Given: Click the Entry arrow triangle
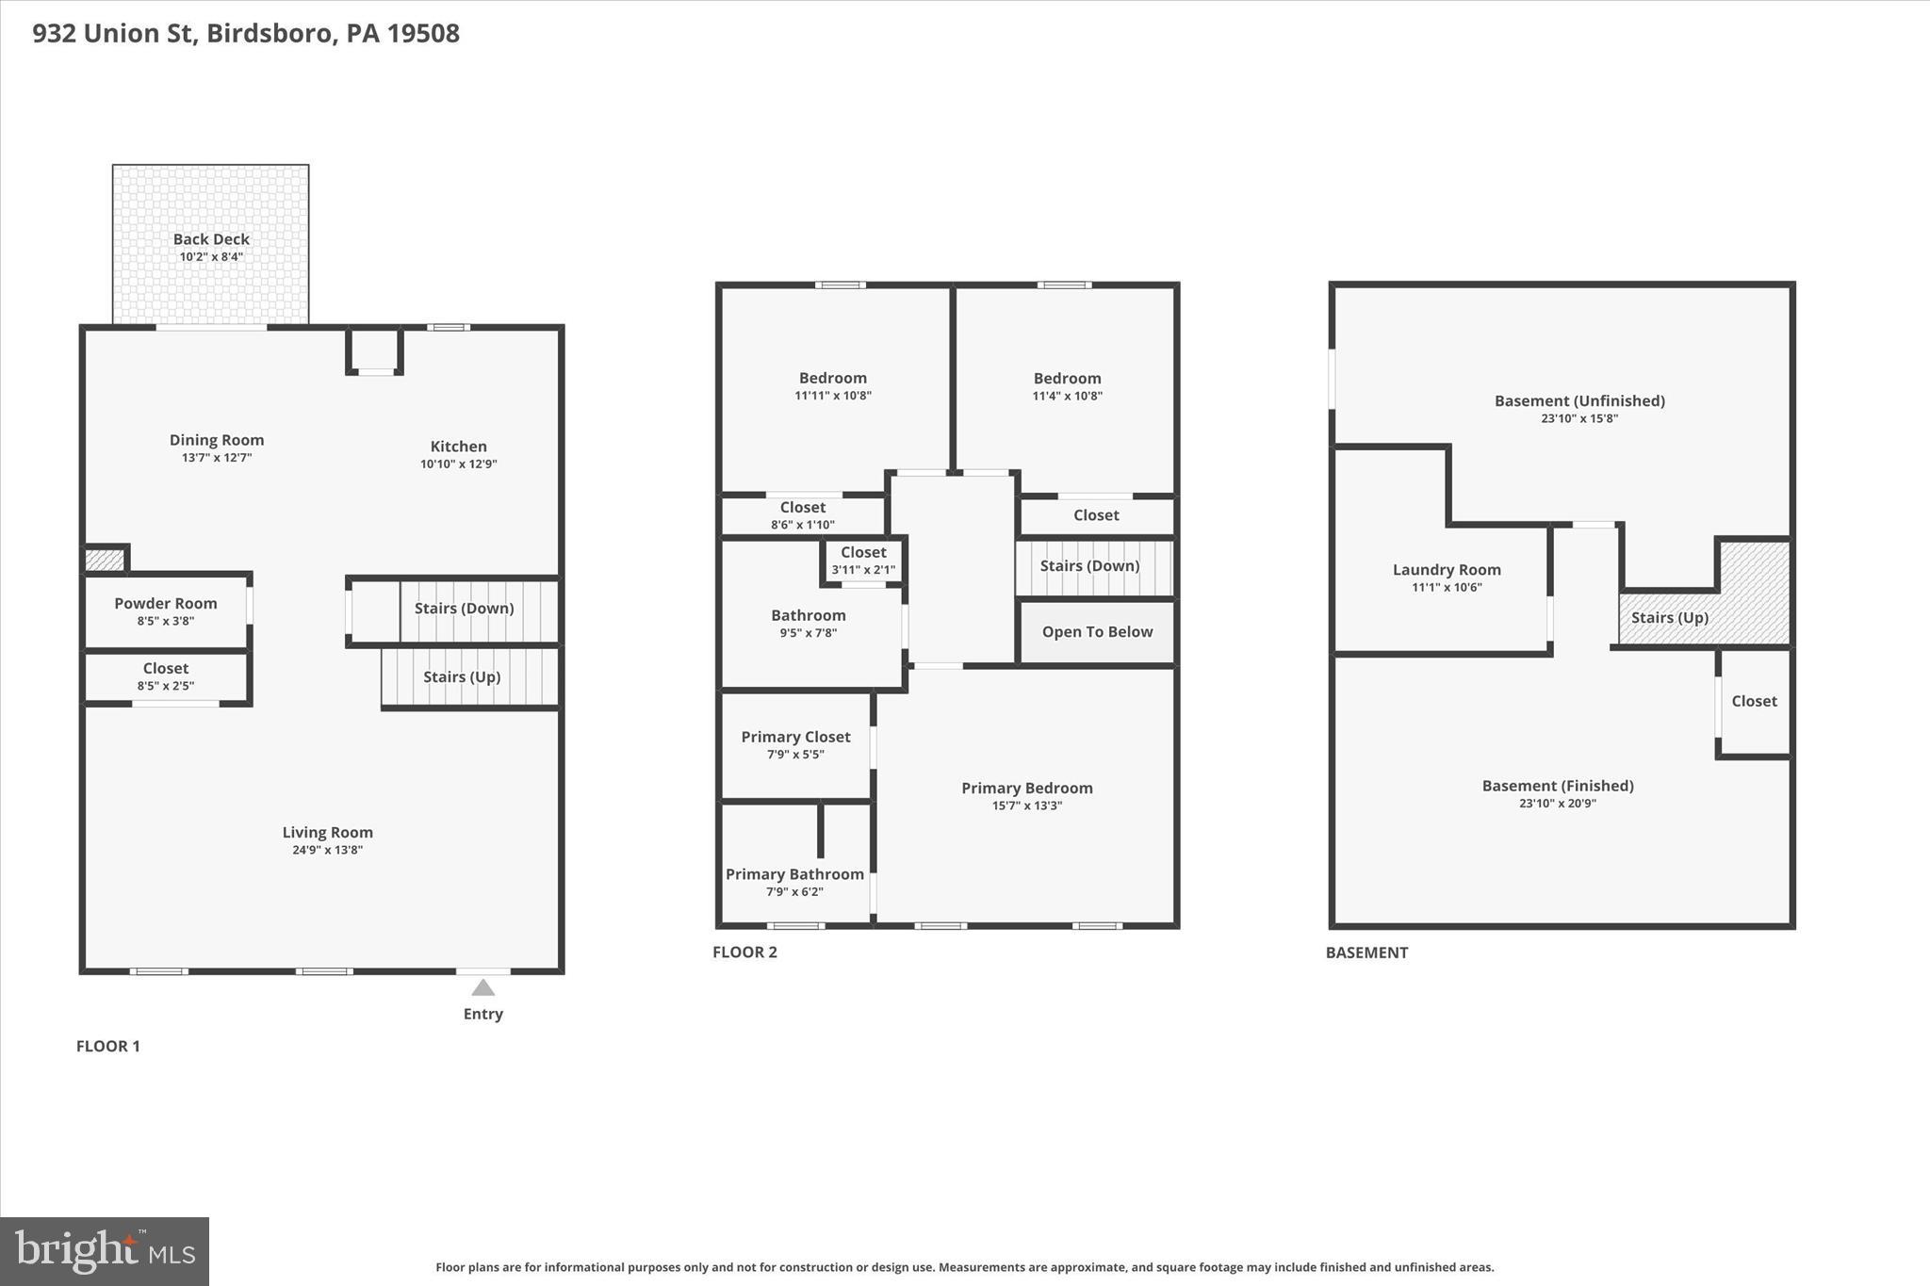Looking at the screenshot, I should click(482, 987).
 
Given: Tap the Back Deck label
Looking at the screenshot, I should click(211, 239).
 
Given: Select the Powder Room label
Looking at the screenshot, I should click(166, 603).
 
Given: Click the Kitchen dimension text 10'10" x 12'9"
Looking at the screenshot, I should click(458, 464).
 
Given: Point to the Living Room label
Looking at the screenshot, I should click(327, 832).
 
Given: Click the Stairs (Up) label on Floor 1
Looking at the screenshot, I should click(462, 676).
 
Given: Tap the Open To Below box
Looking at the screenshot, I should click(1097, 631).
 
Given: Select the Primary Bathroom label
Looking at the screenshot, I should click(794, 874).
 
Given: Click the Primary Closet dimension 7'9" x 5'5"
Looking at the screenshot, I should click(795, 755).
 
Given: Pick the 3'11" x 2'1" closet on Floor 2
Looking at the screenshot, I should click(863, 561).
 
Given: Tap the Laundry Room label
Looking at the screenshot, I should click(1447, 570).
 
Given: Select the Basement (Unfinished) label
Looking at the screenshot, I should click(1579, 400).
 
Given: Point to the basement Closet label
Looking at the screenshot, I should click(1754, 701).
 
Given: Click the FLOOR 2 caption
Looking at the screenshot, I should click(744, 952).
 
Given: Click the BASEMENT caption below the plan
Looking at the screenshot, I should click(1366, 952).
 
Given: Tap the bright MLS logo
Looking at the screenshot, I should click(105, 1251).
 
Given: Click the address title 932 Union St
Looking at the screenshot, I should click(246, 33).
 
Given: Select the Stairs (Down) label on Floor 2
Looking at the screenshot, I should click(1089, 565).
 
